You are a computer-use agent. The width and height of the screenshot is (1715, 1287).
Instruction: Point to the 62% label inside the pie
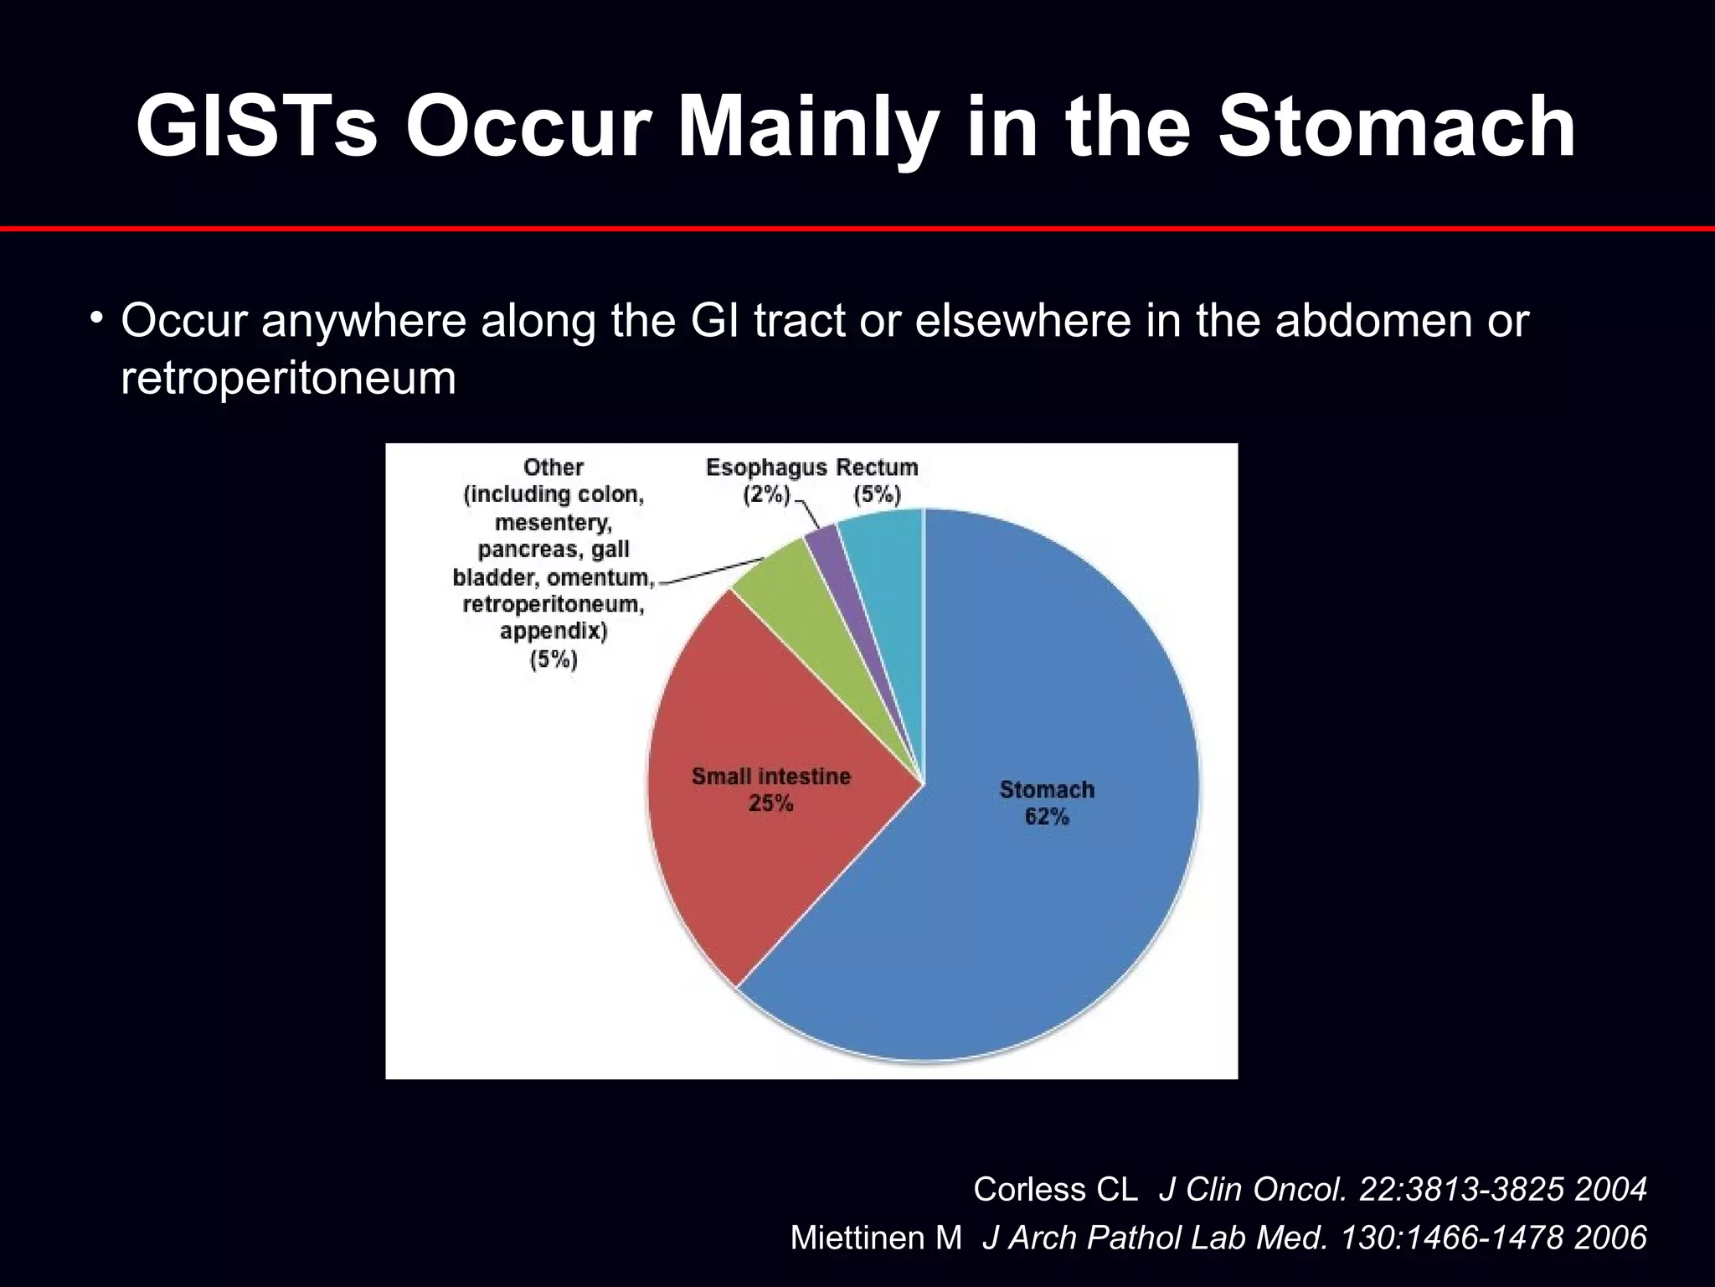click(x=1047, y=816)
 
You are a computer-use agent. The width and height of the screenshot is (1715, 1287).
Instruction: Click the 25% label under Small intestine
click(x=770, y=804)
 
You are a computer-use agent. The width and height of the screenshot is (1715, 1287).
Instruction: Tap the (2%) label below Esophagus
click(x=766, y=494)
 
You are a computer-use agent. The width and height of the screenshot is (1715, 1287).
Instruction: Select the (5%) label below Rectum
click(x=877, y=494)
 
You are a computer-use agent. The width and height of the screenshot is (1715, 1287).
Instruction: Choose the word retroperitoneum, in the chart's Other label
click(x=554, y=604)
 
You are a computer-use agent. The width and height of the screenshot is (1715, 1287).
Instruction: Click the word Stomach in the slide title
click(x=1396, y=127)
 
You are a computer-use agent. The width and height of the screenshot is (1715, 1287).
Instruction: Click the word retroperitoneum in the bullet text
click(x=288, y=379)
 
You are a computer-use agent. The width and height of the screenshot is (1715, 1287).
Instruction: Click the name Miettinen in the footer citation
click(x=876, y=1238)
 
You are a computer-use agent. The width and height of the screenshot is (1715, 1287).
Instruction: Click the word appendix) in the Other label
click(x=554, y=631)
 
